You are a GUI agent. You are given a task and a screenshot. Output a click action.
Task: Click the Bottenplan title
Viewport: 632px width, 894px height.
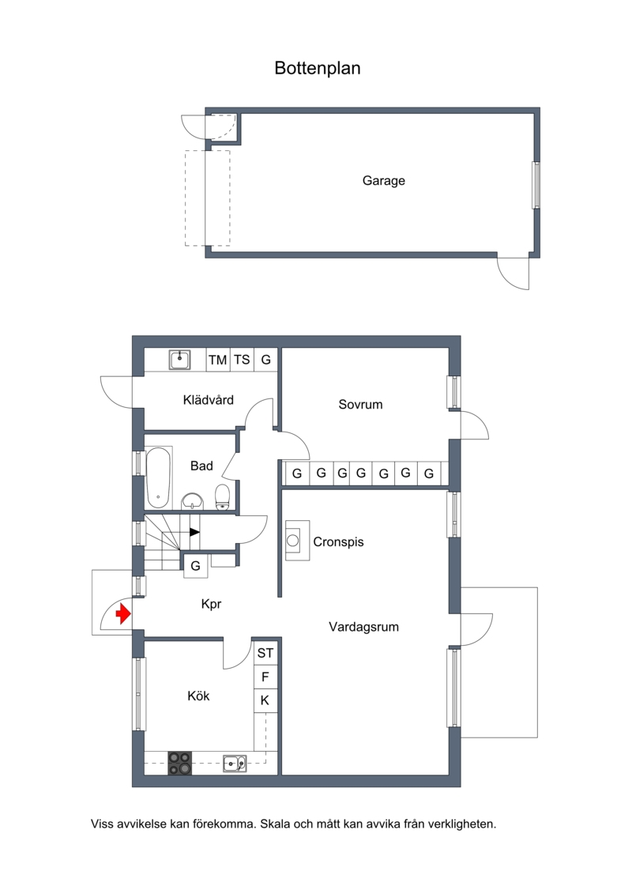tap(318, 69)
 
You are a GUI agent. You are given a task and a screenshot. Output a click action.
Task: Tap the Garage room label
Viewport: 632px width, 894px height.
tap(383, 181)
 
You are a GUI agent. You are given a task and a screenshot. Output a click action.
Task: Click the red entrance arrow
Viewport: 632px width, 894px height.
tap(123, 614)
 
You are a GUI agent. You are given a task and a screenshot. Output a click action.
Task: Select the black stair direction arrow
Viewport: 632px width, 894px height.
tap(194, 532)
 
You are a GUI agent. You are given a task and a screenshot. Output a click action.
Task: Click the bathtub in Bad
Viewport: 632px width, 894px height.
tap(159, 477)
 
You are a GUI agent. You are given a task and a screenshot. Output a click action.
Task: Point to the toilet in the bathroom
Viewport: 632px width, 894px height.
tap(222, 497)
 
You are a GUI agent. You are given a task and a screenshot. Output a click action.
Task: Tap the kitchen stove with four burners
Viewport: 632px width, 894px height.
tap(179, 764)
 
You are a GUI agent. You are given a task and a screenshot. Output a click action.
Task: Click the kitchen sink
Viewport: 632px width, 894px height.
tap(234, 762)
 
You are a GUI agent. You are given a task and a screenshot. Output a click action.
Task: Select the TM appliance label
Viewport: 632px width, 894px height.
tap(218, 360)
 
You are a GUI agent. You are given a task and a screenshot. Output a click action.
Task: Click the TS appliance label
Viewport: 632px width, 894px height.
tap(242, 360)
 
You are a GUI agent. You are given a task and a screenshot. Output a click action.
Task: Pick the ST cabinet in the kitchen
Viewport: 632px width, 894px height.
tap(265, 653)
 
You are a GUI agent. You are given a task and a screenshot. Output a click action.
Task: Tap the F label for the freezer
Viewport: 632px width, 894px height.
tap(265, 677)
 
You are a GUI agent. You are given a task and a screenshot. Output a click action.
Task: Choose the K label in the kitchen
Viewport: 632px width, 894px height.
tap(265, 700)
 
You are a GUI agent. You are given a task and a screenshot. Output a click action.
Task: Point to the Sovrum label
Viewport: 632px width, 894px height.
tap(360, 404)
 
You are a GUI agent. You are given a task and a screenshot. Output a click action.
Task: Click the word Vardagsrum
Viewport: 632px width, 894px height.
tap(363, 627)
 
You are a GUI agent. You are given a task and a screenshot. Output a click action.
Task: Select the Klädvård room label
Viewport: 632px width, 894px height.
tap(208, 400)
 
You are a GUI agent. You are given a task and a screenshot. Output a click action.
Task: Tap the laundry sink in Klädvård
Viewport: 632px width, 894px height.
tap(180, 360)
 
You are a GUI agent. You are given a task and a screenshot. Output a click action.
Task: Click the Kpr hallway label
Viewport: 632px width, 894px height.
tap(211, 604)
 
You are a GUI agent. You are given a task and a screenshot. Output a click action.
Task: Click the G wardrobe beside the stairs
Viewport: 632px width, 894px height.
tap(195, 566)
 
